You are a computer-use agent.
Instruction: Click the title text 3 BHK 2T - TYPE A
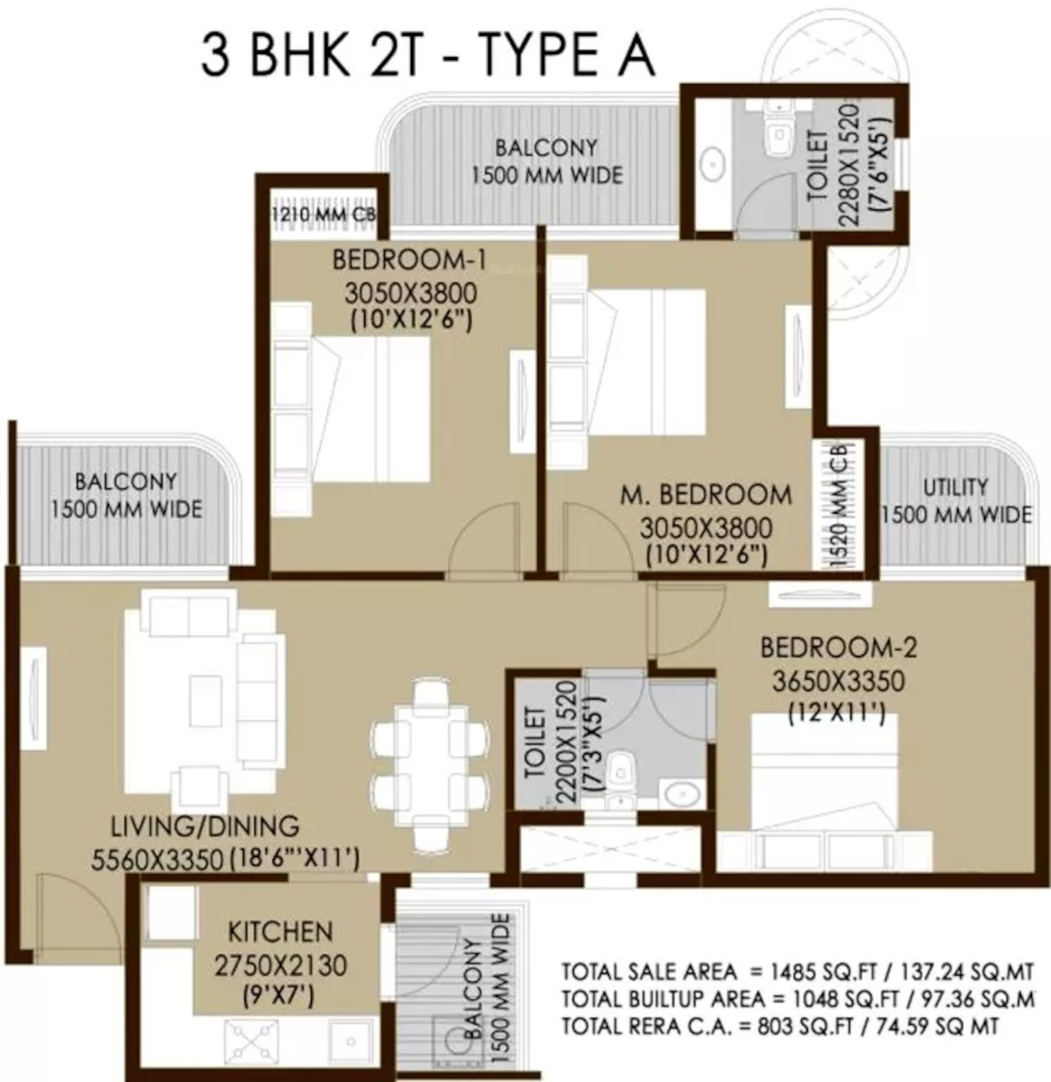(x=428, y=55)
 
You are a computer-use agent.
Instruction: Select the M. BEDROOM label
(x=705, y=495)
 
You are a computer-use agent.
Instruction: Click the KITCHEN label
(x=280, y=932)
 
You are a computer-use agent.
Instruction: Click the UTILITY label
(x=955, y=488)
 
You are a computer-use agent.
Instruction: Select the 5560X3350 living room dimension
(x=157, y=859)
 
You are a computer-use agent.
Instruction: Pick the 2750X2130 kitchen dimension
(x=280, y=966)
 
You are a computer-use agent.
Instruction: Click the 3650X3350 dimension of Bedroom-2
(x=838, y=681)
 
